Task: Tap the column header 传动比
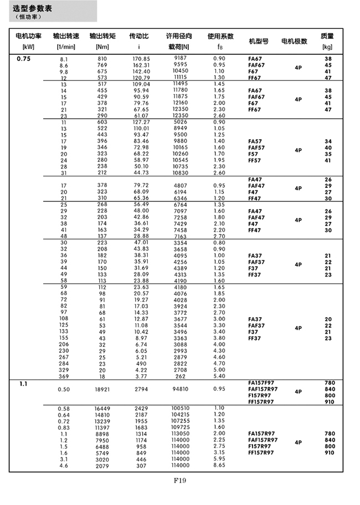click(138, 37)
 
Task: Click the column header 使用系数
click(220, 37)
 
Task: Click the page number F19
click(179, 480)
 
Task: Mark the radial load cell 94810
click(181, 390)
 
